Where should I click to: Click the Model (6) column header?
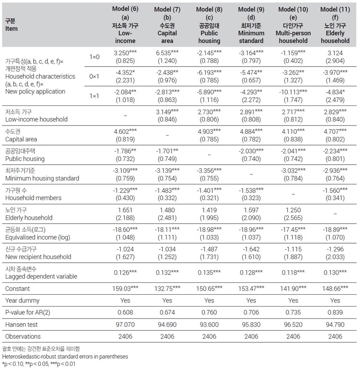[125, 25]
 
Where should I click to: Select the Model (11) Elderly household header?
[335, 25]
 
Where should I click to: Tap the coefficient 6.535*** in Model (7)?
[167, 53]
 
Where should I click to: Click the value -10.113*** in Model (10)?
[293, 92]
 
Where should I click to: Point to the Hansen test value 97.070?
[125, 324]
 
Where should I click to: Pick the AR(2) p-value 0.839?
[335, 313]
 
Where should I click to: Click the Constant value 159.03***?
[125, 289]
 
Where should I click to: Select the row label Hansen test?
[21, 325]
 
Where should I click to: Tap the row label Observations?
[23, 337]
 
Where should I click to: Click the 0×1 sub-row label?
[94, 77]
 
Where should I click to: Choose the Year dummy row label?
[22, 301]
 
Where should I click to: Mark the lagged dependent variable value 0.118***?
[293, 272]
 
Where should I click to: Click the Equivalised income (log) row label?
[38, 237]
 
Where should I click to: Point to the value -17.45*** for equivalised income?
[293, 229]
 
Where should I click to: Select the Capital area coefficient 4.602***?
[125, 131]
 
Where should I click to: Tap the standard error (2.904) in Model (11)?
[335, 61]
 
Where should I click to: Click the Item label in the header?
[11, 29]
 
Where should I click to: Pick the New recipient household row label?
[38, 257]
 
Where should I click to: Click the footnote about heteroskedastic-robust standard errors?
[65, 357]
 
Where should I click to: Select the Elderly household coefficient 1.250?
[293, 210]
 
